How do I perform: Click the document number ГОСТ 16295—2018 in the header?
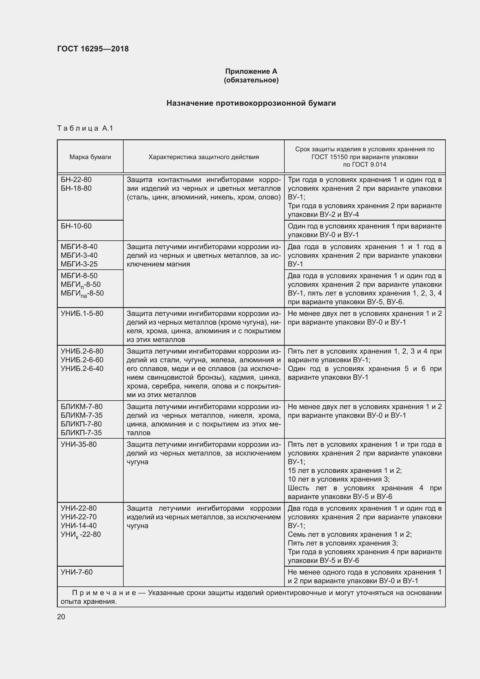[x=93, y=49]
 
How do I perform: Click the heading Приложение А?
[x=251, y=71]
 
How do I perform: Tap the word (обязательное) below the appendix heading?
[x=251, y=80]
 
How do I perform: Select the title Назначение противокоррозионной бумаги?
[x=251, y=103]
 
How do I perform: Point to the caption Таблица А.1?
[x=85, y=128]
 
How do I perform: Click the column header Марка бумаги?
[x=90, y=157]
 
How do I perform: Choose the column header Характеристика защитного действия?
[x=203, y=157]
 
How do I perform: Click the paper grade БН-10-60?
[x=76, y=226]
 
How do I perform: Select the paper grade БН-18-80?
[x=76, y=188]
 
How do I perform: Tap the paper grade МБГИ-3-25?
[x=79, y=264]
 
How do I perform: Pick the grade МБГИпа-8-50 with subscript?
[x=82, y=294]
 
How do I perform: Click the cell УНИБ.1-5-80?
[x=82, y=314]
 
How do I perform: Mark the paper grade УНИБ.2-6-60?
[x=82, y=360]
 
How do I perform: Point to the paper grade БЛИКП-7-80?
[x=81, y=424]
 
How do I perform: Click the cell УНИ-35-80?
[x=78, y=444]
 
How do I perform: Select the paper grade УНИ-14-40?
[x=78, y=525]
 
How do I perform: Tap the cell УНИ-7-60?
[x=76, y=572]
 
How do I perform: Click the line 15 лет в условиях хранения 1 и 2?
[x=344, y=471]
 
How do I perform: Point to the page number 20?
[x=61, y=617]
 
